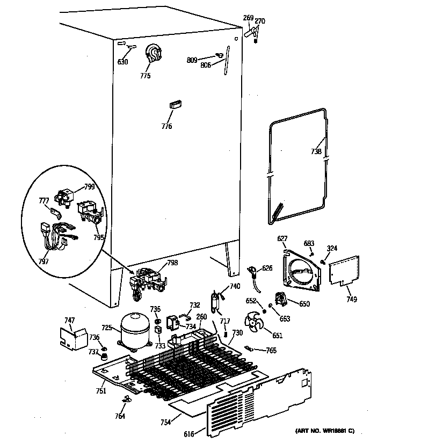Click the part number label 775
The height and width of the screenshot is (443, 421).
(x=145, y=76)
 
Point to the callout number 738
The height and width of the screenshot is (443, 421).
(x=316, y=152)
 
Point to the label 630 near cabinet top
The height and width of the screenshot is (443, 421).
(x=123, y=62)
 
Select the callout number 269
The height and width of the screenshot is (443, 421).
(x=248, y=18)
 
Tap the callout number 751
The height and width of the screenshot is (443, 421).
(x=100, y=391)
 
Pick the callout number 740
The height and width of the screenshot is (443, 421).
(x=235, y=286)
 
